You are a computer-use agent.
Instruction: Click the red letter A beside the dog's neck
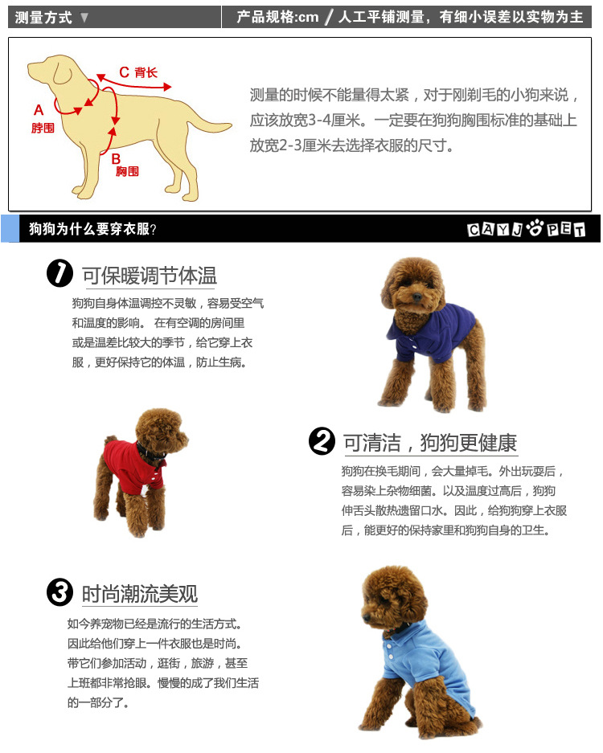point(39,110)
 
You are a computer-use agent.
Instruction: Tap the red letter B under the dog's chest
point(116,158)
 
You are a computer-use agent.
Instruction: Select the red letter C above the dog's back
point(124,72)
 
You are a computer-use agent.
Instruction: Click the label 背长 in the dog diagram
point(146,72)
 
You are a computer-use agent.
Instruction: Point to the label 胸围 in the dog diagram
point(127,171)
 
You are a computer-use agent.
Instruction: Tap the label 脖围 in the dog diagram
point(43,128)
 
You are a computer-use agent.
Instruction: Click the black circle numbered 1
point(60,273)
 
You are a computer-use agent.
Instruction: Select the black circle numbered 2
point(322,441)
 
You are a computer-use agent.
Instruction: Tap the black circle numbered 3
point(60,592)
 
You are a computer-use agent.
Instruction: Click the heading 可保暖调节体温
point(150,276)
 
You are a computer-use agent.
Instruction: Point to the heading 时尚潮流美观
point(140,594)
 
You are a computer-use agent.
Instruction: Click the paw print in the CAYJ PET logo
point(535,227)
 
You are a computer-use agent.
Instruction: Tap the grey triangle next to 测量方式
point(84,18)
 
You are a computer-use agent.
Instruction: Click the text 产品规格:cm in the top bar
point(277,18)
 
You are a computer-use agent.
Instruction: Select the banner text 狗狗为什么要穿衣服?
point(92,229)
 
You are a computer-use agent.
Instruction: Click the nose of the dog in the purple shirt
point(416,297)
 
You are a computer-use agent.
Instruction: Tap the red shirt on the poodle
point(132,467)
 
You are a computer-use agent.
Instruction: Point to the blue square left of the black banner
point(10,228)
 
